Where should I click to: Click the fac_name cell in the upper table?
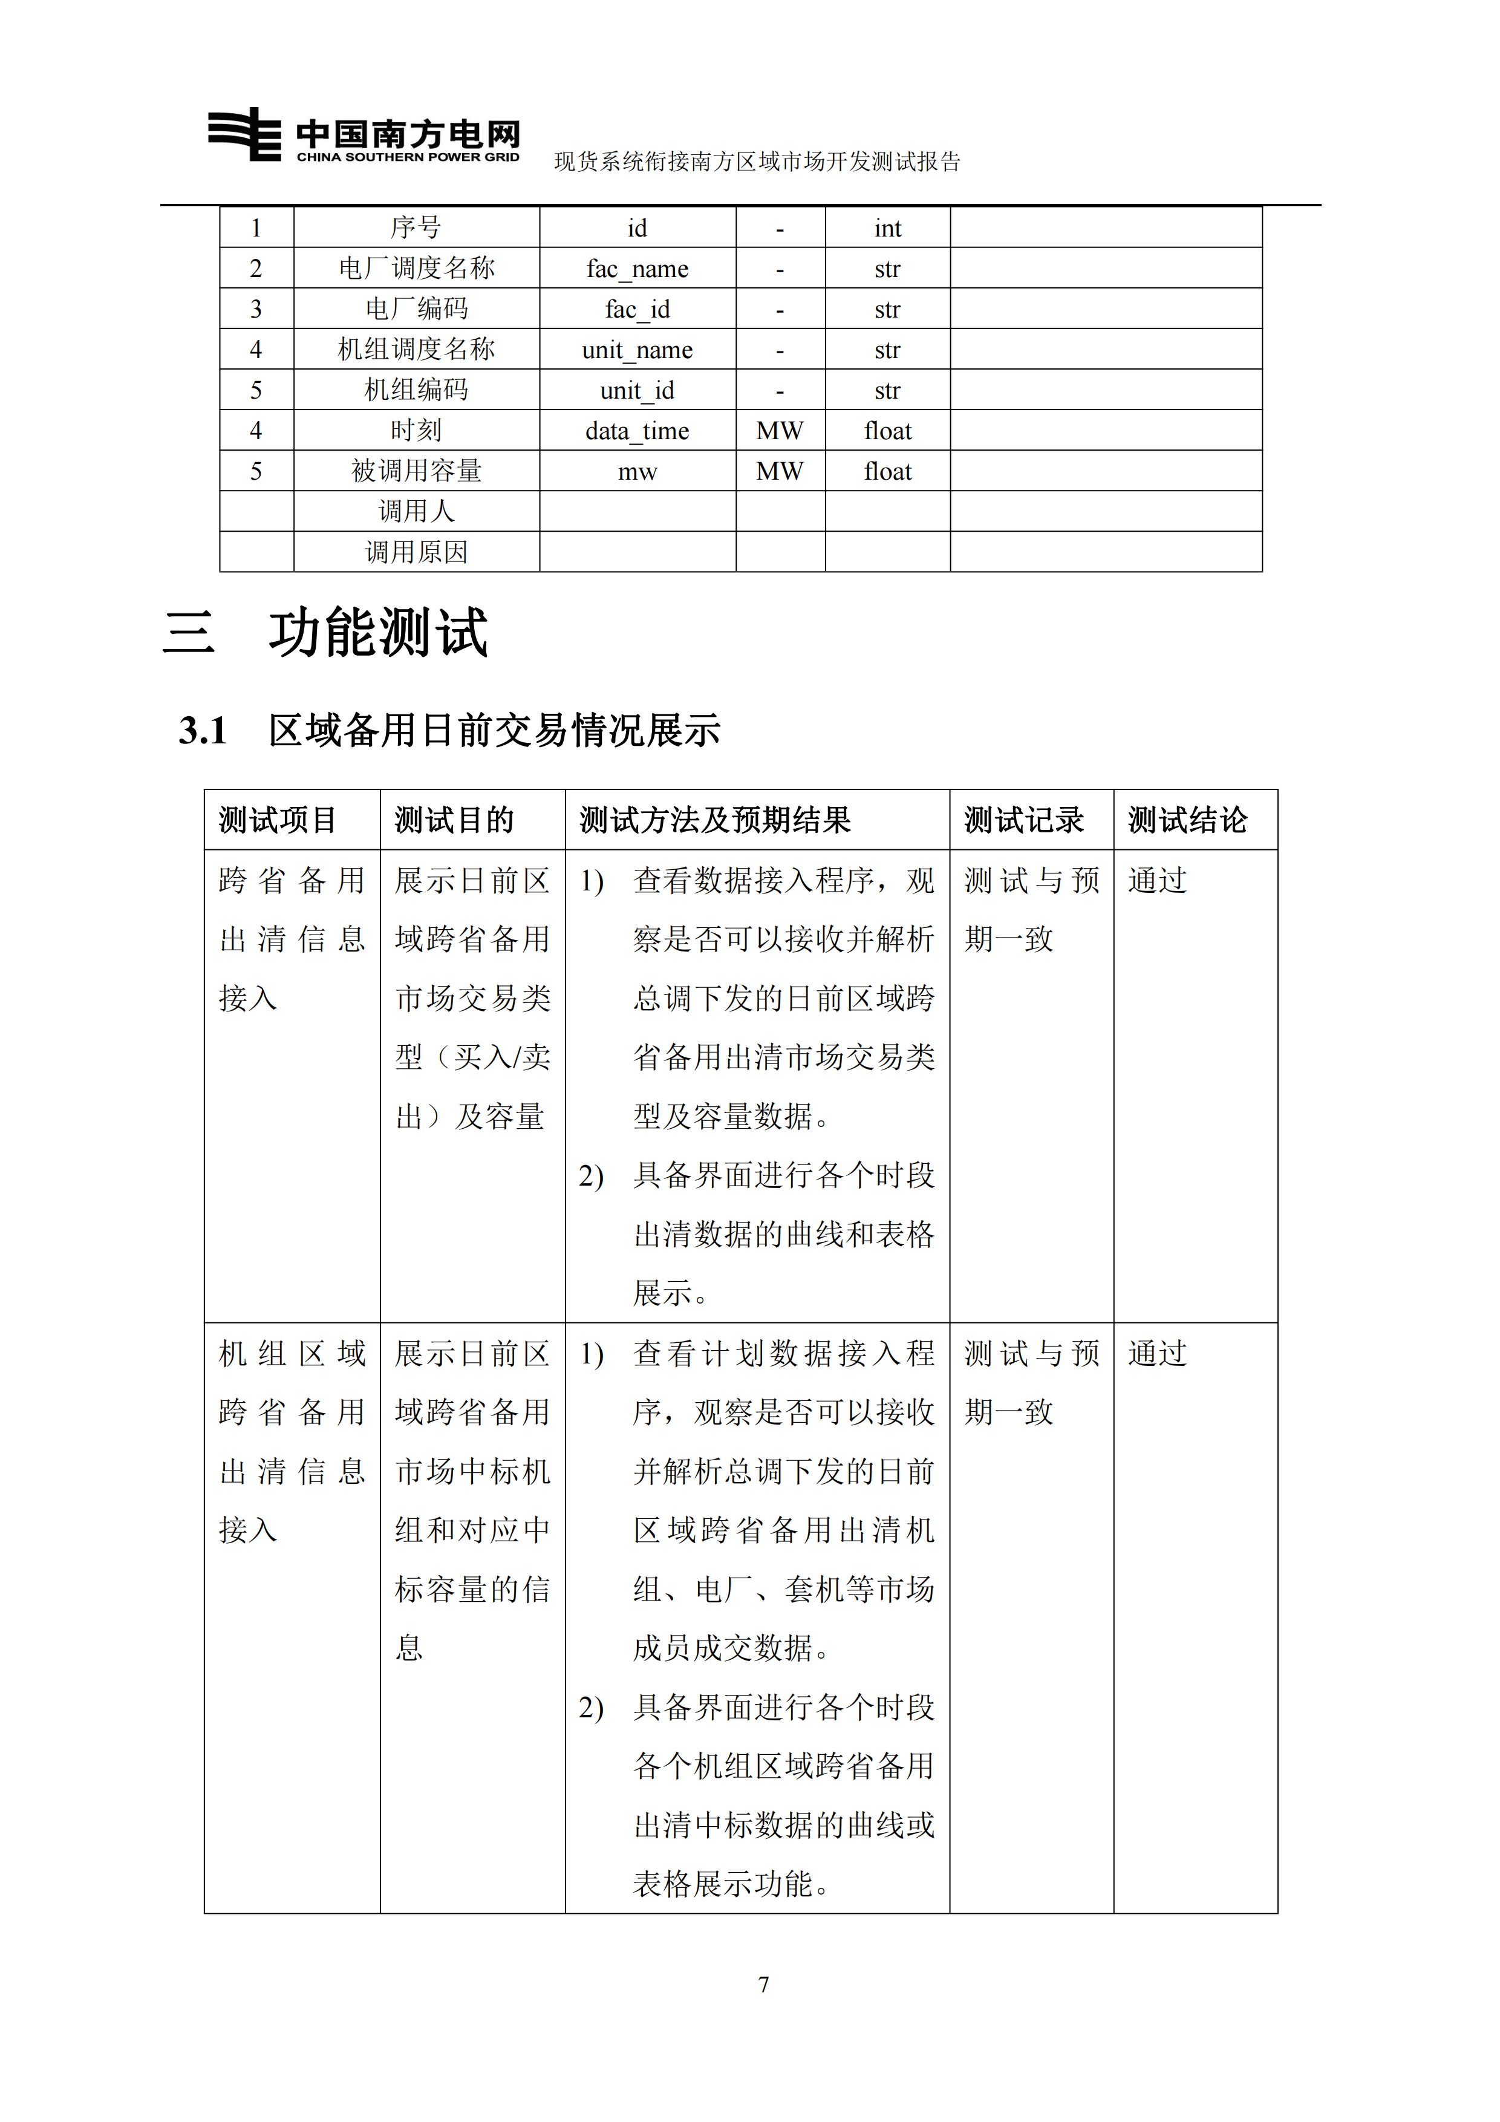637,269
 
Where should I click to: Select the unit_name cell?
637,350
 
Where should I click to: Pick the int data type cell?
887,228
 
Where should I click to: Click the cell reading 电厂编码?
416,309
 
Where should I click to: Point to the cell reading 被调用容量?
416,471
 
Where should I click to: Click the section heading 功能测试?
378,634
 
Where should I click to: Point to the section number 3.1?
203,731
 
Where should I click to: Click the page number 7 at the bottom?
763,1984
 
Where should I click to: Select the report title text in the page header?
757,162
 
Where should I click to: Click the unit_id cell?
637,391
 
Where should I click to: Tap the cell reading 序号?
416,227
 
